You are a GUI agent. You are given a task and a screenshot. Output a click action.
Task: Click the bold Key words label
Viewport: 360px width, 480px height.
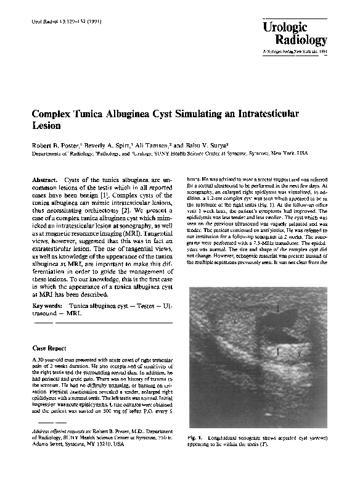[46, 305]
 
